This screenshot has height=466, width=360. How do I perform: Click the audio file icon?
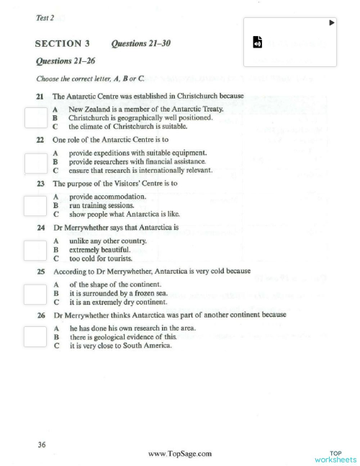point(258,42)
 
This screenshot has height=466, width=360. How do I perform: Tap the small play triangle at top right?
point(331,23)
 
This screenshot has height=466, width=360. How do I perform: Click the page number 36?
point(42,444)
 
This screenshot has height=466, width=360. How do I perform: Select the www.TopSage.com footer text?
point(179,453)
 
